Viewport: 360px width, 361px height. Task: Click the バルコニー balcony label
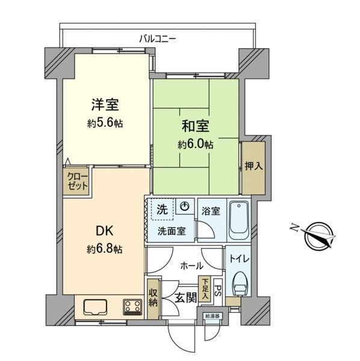pos(158,39)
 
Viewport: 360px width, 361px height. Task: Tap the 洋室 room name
pos(105,105)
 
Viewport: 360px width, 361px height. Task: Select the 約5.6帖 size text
pos(105,123)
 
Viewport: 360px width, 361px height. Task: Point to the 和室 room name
pos(196,126)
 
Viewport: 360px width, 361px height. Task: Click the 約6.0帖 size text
pos(195,144)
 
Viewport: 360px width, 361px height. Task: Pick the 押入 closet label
pos(253,166)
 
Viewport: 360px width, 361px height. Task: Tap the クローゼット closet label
pos(78,182)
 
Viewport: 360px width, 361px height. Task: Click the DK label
pos(104,230)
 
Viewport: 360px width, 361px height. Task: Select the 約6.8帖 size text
pos(105,249)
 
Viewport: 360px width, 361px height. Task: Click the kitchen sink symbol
pos(95,307)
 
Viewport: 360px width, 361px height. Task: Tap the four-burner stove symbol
pos(132,307)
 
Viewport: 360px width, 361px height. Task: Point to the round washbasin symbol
pos(184,206)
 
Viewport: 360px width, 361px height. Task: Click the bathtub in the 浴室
pos(239,221)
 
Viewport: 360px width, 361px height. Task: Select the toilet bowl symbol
pos(240,284)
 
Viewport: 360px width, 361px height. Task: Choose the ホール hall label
pos(191,266)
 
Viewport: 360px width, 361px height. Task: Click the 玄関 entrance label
pos(186,298)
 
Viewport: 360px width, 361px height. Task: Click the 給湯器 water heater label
pos(213,316)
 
